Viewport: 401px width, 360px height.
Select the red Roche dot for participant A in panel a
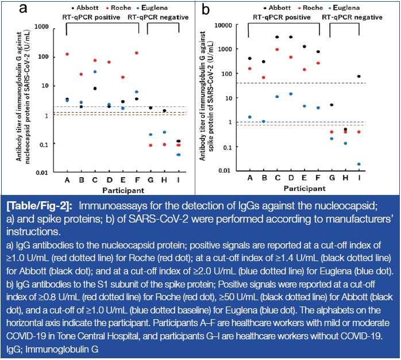click(x=67, y=54)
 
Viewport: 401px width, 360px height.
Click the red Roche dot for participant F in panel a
click(x=137, y=53)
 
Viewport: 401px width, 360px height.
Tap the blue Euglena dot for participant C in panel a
click(x=95, y=72)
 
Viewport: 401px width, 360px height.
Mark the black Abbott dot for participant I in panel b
click(x=358, y=76)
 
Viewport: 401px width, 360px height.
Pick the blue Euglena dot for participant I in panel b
click(x=358, y=164)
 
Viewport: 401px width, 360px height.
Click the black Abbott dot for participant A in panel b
click(x=249, y=59)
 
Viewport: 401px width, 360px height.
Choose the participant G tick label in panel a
click(x=151, y=179)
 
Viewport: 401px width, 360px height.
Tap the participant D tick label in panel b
click(x=291, y=179)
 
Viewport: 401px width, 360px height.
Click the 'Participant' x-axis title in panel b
click(x=304, y=188)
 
